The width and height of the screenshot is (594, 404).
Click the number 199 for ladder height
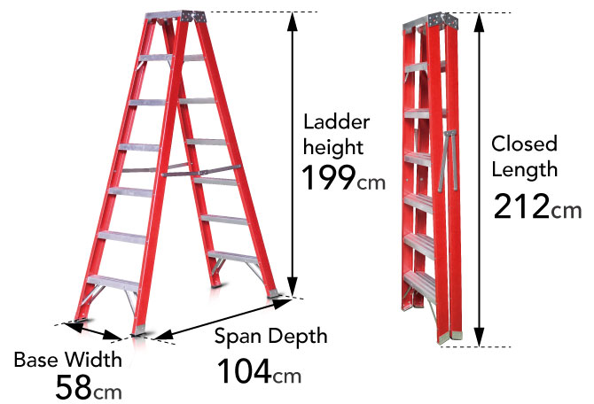coord(328,177)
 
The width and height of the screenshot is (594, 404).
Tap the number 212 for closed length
coord(521,206)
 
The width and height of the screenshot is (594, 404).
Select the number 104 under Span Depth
coord(245,370)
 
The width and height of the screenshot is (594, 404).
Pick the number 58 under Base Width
coord(74,387)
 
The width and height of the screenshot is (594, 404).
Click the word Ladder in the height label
coord(336,122)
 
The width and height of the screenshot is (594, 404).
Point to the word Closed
coord(524,144)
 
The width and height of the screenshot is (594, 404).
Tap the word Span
coord(234,336)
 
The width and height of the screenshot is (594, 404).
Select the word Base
coord(36,360)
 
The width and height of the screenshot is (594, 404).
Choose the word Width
coord(93,360)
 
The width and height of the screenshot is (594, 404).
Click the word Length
coord(525,169)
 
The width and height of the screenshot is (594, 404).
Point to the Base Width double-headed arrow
coord(93,331)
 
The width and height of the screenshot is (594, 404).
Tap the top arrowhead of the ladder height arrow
coord(292,21)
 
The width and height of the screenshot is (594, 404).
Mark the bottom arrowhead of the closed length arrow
coord(480,337)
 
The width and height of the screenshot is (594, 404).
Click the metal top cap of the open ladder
coord(175,16)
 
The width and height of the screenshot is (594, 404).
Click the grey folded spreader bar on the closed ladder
coord(449,160)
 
